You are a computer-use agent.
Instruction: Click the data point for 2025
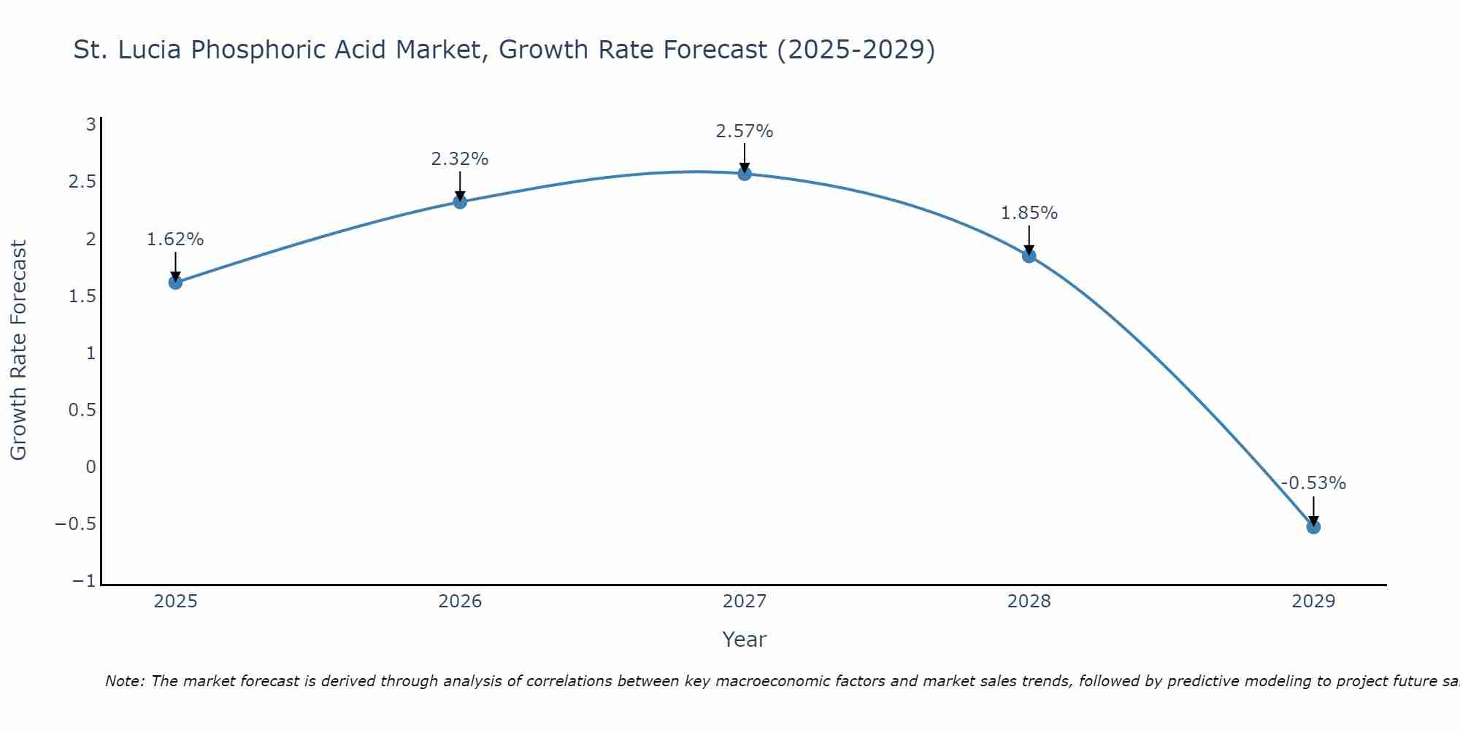pos(175,282)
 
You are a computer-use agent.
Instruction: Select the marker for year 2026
pos(460,201)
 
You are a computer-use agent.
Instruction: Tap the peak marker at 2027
pos(745,174)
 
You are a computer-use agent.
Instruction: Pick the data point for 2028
pos(1029,255)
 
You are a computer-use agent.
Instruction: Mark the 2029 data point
pos(1313,526)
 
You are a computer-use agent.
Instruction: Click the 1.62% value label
pos(175,239)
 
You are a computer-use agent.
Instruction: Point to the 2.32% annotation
pos(460,159)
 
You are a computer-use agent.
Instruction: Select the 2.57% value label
pos(745,131)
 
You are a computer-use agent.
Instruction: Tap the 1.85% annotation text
pos(1029,213)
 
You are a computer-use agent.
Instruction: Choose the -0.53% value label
pos(1313,483)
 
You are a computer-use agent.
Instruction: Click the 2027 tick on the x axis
pos(745,602)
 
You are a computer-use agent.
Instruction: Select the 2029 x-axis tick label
pos(1313,602)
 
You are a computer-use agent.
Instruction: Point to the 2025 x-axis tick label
pos(175,602)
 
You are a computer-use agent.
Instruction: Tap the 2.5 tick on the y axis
pos(82,182)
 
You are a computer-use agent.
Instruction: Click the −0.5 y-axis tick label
pos(76,524)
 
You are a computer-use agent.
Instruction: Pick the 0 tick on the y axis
pos(91,467)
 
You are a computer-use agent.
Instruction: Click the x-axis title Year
pos(745,640)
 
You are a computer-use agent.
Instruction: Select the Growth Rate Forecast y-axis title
pos(18,350)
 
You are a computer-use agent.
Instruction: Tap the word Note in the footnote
pos(125,682)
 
